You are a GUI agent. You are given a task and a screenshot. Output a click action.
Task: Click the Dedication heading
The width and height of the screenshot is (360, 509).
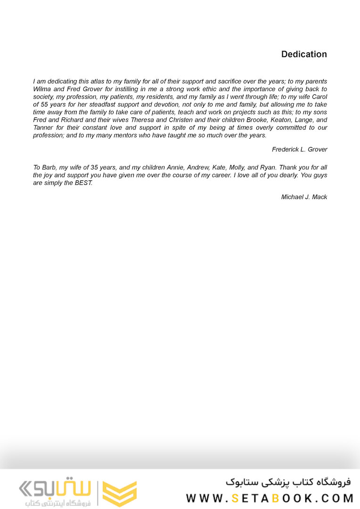[304, 54]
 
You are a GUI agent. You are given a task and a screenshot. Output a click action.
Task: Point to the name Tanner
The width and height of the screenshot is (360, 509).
[43, 128]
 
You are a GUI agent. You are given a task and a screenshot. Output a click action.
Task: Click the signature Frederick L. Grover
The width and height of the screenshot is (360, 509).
[299, 149]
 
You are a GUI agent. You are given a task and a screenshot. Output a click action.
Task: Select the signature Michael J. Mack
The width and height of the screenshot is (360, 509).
[304, 197]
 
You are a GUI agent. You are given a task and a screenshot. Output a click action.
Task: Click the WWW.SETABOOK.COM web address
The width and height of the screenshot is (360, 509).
[270, 498]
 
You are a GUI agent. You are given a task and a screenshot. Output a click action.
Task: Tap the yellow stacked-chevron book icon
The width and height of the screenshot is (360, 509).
[120, 493]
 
